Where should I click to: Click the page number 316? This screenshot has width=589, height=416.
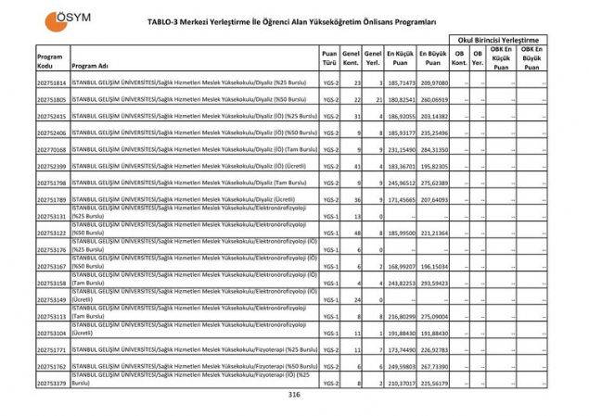pyautogui.click(x=294, y=395)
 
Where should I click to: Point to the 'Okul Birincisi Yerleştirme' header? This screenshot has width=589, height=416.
pyautogui.click(x=498, y=40)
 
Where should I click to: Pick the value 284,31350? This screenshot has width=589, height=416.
pyautogui.click(x=433, y=149)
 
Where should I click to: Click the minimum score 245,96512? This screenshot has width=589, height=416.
pyautogui.click(x=400, y=183)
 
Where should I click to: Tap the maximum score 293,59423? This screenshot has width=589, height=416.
pyautogui.click(x=433, y=283)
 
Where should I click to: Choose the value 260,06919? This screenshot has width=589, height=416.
pyautogui.click(x=433, y=99)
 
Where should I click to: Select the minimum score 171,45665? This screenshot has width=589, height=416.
pyautogui.click(x=400, y=200)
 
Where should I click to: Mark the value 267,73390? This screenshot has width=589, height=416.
pyautogui.click(x=433, y=367)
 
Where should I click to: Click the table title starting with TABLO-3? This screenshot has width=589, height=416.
pyautogui.click(x=292, y=19)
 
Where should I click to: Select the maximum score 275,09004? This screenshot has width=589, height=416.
pyautogui.click(x=433, y=317)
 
